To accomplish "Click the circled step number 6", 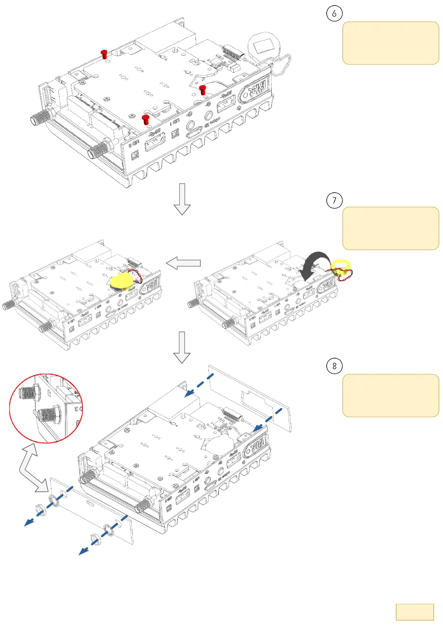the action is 334,14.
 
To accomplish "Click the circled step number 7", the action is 334,200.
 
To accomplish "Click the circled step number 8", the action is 334,366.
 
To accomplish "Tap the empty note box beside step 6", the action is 390,43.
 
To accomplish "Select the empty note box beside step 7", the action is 390,228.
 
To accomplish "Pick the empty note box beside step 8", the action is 390,395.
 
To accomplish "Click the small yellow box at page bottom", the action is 414,612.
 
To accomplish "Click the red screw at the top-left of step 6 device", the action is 104,54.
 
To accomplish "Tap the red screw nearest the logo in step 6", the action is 203,89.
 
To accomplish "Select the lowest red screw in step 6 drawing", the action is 146,120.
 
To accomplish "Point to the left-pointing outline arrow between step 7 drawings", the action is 183,263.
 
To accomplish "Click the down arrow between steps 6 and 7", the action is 182,199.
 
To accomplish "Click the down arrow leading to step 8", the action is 182,347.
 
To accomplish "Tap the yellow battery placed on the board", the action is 122,282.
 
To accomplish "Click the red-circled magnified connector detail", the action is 46,408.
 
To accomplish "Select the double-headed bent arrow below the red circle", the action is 32,469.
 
